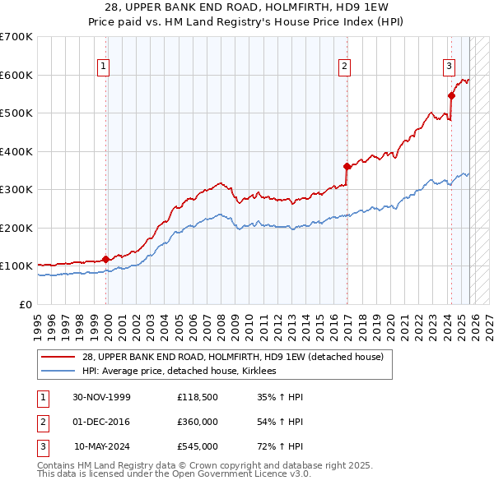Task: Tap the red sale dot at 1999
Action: [x=105, y=259]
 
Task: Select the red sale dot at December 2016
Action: [x=347, y=166]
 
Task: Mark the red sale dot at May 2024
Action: [x=451, y=95]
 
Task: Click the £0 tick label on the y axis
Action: [x=25, y=304]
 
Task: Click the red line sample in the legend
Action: [x=59, y=358]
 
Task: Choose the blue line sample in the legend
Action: [x=59, y=372]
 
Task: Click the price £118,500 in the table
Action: [x=197, y=397]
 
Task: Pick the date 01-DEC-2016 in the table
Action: [x=101, y=422]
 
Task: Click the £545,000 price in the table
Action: [x=197, y=446]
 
